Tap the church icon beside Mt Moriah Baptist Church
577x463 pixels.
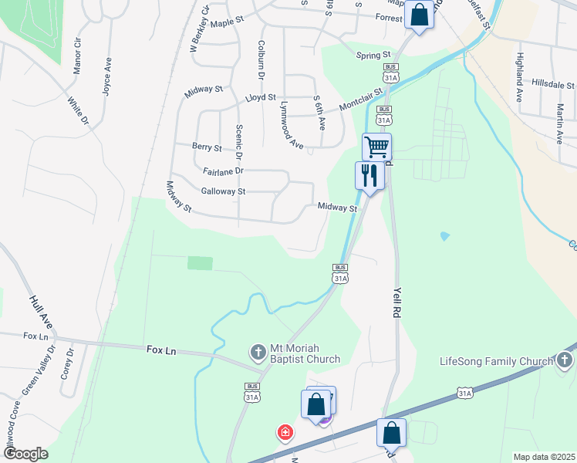pyautogui.click(x=258, y=353)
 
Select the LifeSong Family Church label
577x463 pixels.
pyautogui.click(x=496, y=361)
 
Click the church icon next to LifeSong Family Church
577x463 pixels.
pyautogui.click(x=565, y=360)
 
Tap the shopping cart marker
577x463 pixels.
pyautogui.click(x=376, y=147)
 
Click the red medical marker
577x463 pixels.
pyautogui.click(x=285, y=432)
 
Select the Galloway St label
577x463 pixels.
pyautogui.click(x=222, y=191)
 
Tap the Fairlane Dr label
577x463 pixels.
pyautogui.click(x=223, y=171)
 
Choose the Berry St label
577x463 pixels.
pyautogui.click(x=207, y=147)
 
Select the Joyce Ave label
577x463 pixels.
pyautogui.click(x=107, y=76)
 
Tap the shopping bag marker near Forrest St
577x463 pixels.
pyautogui.click(x=419, y=14)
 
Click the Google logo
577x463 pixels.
pyautogui.click(x=25, y=454)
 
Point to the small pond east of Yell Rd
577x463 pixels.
pyautogui.click(x=444, y=235)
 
